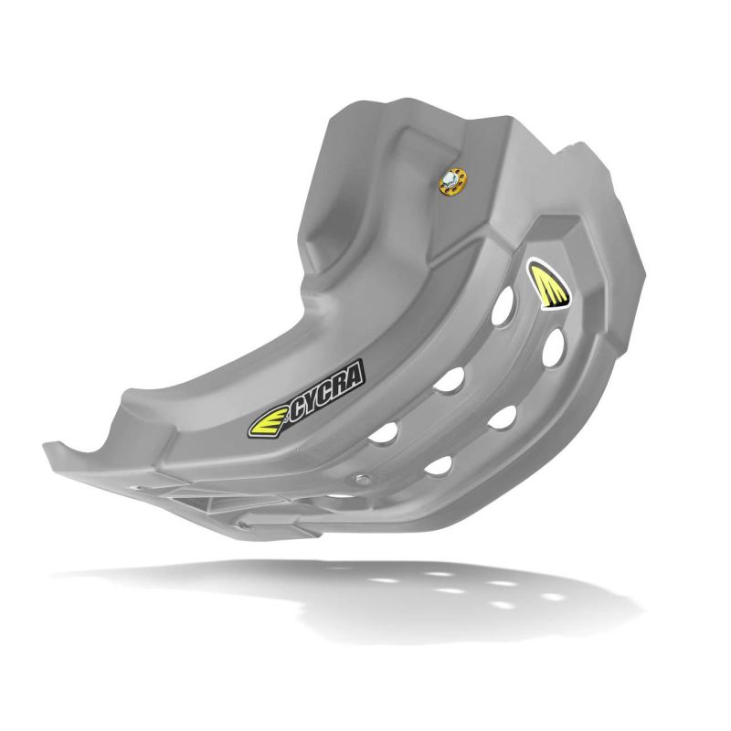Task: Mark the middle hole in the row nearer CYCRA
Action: click(446, 382)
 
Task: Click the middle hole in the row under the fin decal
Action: click(499, 418)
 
